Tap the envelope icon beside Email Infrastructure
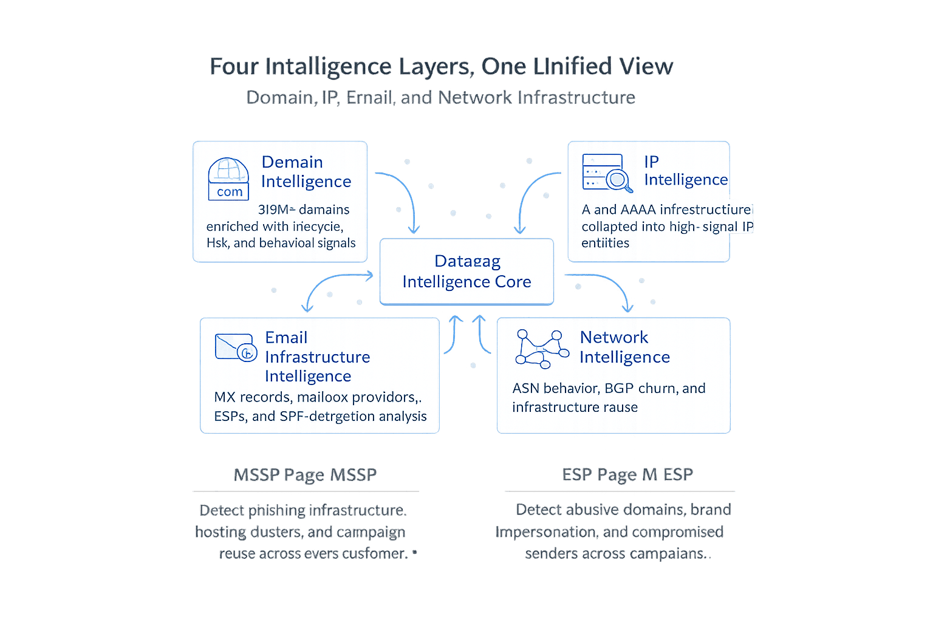tap(236, 347)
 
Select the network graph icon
tap(538, 349)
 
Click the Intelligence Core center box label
tap(466, 272)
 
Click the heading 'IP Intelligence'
tap(685, 171)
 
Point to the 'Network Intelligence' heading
tap(624, 347)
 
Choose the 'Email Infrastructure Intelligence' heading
tap(317, 357)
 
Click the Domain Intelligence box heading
tap(306, 171)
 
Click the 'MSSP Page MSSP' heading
tap(305, 474)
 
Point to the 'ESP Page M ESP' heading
tap(627, 474)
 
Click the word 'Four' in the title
tap(234, 66)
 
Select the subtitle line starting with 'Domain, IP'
tap(441, 98)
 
